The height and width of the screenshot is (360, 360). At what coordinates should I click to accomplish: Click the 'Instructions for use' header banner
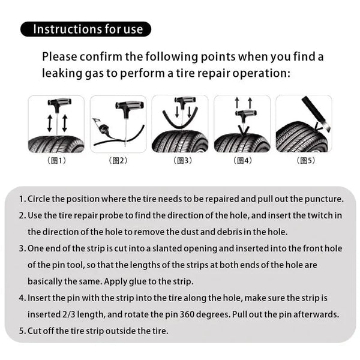tap(86, 29)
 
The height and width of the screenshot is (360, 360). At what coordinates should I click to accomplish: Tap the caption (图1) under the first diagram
tap(56, 160)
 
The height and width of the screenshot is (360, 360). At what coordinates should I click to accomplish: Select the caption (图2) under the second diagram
tap(118, 160)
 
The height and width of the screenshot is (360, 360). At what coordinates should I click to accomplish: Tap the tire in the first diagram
tap(56, 143)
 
